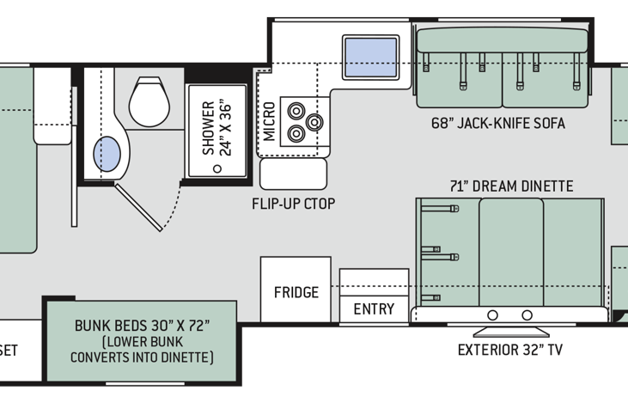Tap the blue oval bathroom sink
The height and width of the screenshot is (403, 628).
[109, 154]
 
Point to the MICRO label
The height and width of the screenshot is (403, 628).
[269, 121]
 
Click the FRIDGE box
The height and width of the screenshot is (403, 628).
[296, 292]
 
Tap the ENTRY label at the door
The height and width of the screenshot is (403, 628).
[374, 309]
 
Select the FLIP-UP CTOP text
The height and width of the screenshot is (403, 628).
[293, 204]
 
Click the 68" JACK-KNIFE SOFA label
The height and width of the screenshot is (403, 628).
[498, 123]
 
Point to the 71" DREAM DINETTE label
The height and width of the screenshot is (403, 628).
[510, 186]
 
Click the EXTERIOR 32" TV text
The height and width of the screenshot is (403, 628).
[509, 350]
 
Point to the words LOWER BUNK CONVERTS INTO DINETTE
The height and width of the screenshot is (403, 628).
[143, 349]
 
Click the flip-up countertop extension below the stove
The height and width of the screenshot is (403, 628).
[294, 174]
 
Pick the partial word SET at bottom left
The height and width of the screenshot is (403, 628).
[9, 351]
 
